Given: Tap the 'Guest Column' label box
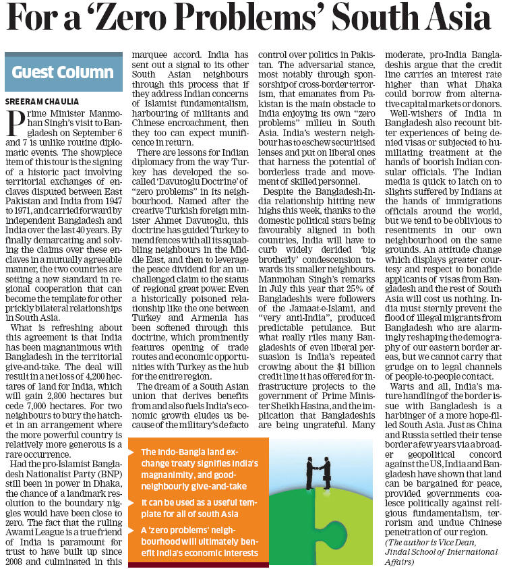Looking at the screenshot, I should (63, 71).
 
